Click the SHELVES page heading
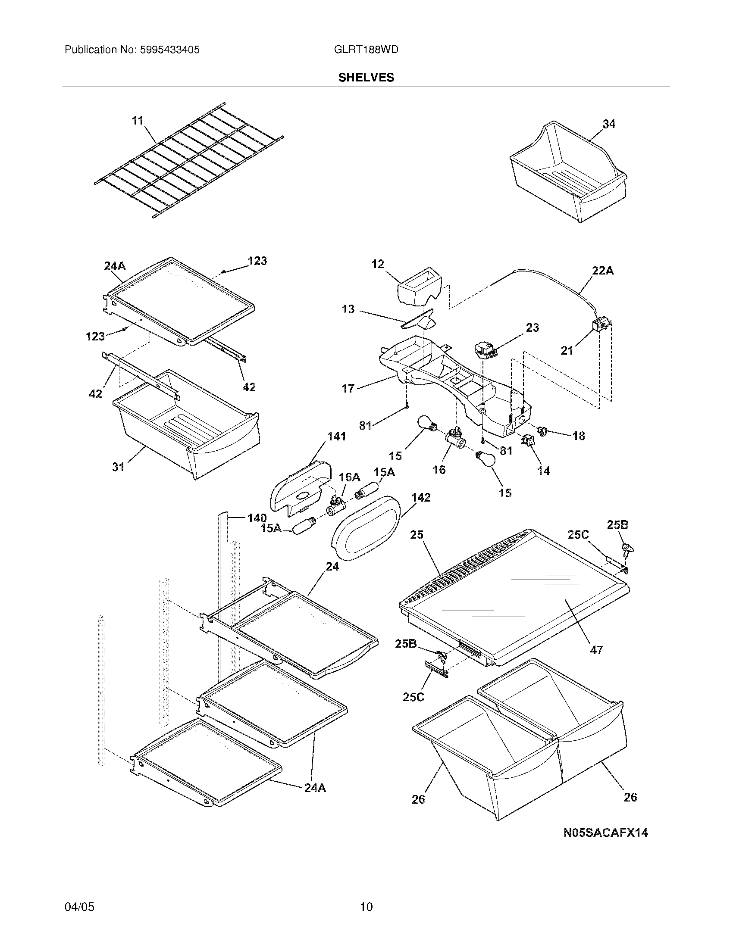[366, 77]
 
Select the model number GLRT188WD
[366, 50]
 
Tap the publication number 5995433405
[169, 50]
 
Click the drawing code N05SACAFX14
[605, 833]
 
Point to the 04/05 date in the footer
[79, 907]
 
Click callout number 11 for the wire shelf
[138, 121]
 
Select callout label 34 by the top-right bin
[608, 124]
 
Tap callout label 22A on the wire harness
[603, 271]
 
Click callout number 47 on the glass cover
[596, 662]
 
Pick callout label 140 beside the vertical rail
[257, 518]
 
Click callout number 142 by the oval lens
[420, 497]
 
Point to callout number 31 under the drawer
[118, 467]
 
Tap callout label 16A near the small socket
[349, 477]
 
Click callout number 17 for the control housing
[348, 388]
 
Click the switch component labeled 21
[601, 325]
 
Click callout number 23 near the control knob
[533, 328]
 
